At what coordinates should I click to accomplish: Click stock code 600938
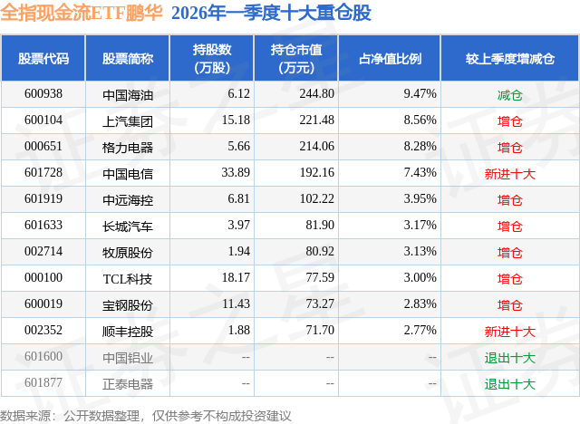pyautogui.click(x=43, y=93)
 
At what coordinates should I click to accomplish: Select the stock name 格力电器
pyautogui.click(x=128, y=147)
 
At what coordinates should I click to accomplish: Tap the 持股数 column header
pyautogui.click(x=211, y=59)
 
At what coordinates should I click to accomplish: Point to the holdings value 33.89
pyautogui.click(x=235, y=173)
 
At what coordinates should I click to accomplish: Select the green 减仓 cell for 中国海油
pyautogui.click(x=510, y=94)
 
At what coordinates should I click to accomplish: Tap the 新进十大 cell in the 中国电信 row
pyautogui.click(x=510, y=173)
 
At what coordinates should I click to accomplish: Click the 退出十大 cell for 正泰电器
pyautogui.click(x=510, y=383)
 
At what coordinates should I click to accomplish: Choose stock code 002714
pyautogui.click(x=43, y=252)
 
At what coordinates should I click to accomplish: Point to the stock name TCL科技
pyautogui.click(x=128, y=278)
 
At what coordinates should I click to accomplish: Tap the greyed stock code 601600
pyautogui.click(x=43, y=357)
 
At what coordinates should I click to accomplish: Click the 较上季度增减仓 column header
pyautogui.click(x=510, y=59)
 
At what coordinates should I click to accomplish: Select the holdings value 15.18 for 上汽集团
pyautogui.click(x=235, y=120)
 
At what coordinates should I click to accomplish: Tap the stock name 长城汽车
pyautogui.click(x=128, y=226)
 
